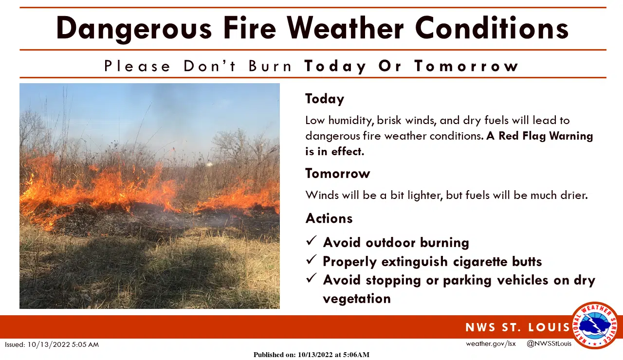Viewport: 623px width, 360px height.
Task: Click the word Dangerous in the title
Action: pyautogui.click(x=134, y=28)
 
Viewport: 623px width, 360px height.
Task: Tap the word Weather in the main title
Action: pyautogui.click(x=345, y=28)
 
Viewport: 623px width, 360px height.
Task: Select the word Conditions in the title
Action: pyautogui.click(x=492, y=28)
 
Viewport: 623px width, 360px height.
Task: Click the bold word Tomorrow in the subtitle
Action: pyautogui.click(x=466, y=66)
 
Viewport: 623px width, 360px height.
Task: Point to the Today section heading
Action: pyautogui.click(x=325, y=99)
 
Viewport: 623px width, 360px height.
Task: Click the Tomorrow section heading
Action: pyautogui.click(x=337, y=173)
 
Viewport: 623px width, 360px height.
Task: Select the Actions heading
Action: pyautogui.click(x=329, y=218)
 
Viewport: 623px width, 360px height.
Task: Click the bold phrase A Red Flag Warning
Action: pyautogui.click(x=539, y=136)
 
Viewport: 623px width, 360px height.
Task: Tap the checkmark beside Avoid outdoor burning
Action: pyautogui.click(x=311, y=241)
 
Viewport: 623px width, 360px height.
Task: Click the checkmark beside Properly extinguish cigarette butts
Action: pyautogui.click(x=311, y=260)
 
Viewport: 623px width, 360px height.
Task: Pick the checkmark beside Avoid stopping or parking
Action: pyautogui.click(x=311, y=279)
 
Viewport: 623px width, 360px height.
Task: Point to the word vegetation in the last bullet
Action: pyautogui.click(x=357, y=298)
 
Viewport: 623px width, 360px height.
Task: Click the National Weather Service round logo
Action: pyautogui.click(x=594, y=325)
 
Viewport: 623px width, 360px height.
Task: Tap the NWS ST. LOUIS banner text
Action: pyautogui.click(x=517, y=327)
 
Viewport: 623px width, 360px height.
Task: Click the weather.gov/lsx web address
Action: pyautogui.click(x=491, y=343)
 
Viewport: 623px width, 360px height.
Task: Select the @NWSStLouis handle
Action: pyautogui.click(x=549, y=343)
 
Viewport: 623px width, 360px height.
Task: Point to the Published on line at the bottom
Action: pyautogui.click(x=311, y=355)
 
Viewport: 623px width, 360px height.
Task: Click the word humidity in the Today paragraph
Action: pyautogui.click(x=346, y=120)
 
